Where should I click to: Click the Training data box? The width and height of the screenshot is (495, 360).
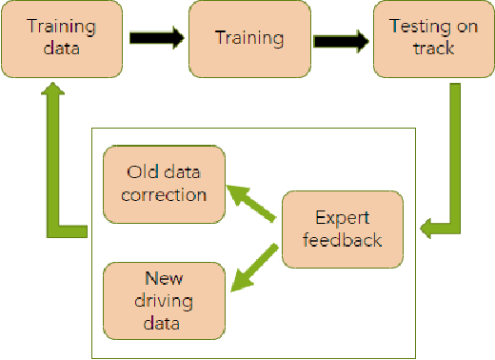pos(64,39)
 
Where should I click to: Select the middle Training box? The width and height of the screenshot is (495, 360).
pos(249,39)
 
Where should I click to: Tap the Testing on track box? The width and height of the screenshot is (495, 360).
pos(434,39)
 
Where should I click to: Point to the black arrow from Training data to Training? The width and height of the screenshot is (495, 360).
pos(155,39)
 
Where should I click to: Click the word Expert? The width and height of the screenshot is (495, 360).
pos(343,216)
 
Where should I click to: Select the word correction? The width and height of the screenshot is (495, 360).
pos(166,194)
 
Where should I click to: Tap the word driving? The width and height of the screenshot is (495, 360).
pos(164,302)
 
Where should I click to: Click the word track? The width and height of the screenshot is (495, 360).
pos(434,50)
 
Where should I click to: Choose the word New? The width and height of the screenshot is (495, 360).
pos(164,280)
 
